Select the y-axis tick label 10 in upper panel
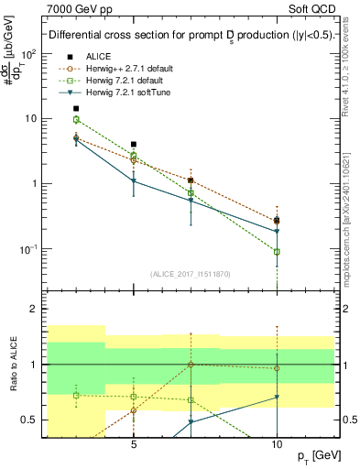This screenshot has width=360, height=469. coord(28,118)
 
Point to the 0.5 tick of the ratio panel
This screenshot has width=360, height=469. coord(27,420)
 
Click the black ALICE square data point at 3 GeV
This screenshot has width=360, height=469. coord(76,108)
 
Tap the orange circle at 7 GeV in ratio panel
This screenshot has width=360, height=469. coord(191,364)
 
